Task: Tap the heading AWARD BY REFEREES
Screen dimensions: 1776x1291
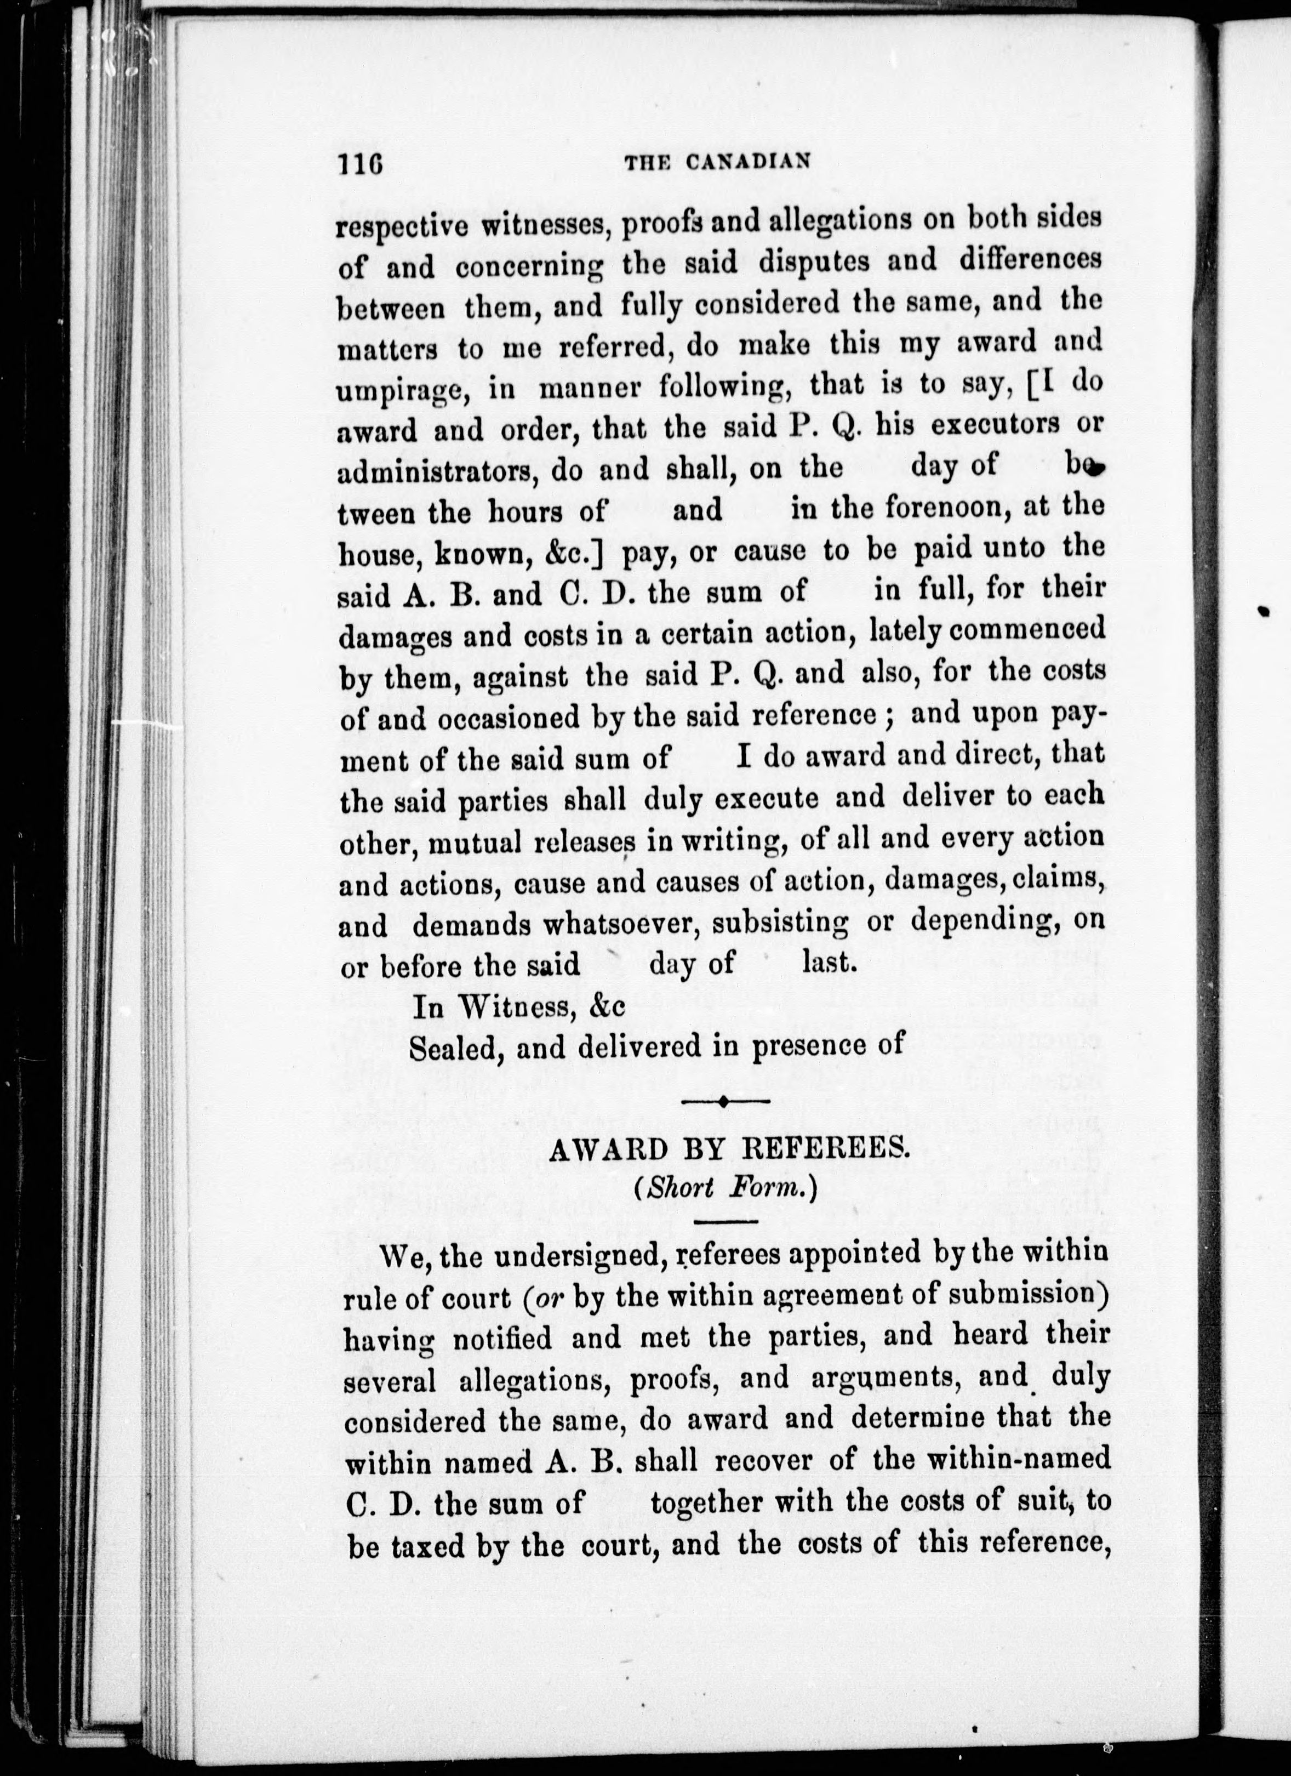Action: click(x=728, y=1151)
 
